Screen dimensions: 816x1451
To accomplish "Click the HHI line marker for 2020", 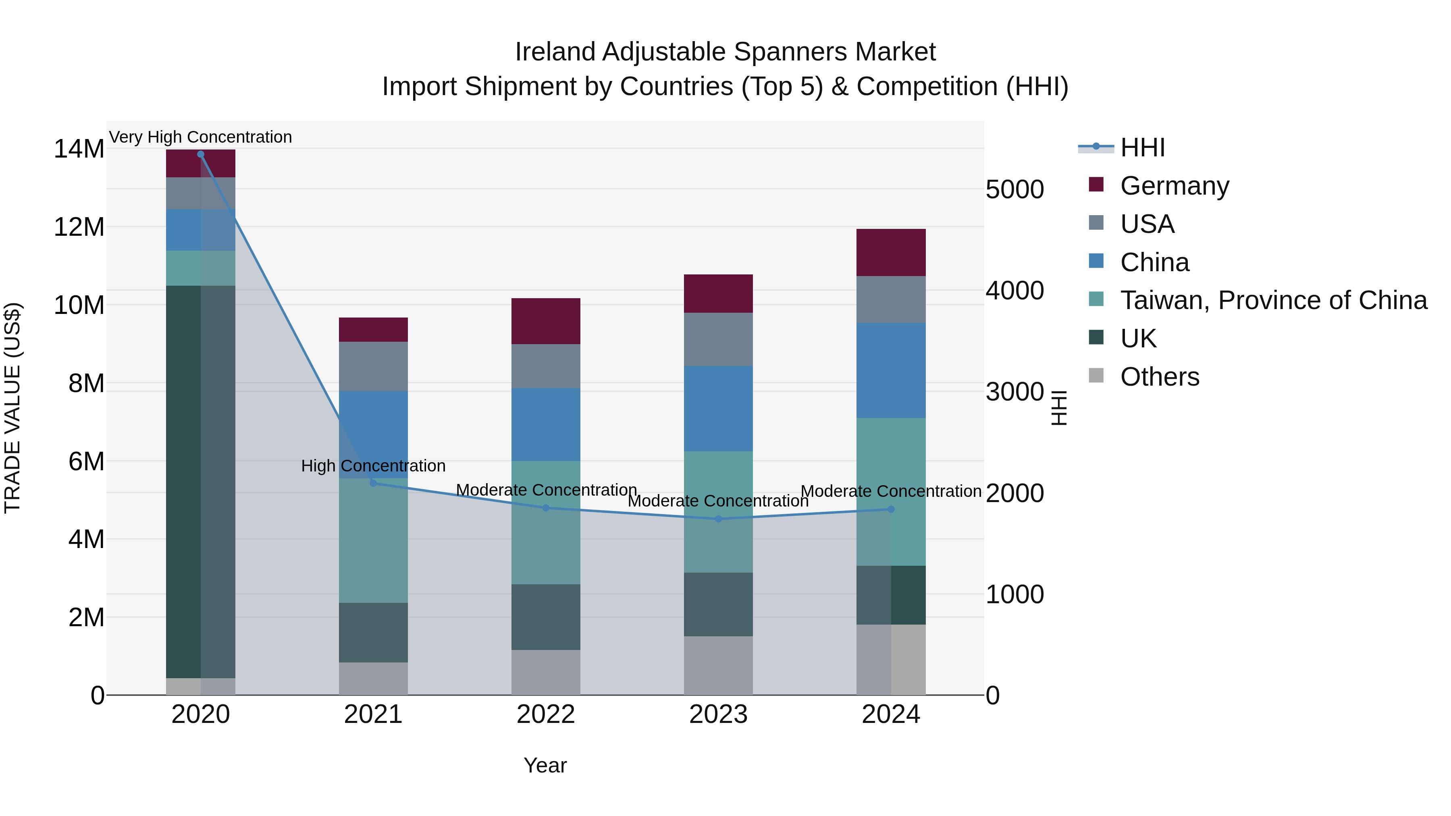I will click(x=201, y=154).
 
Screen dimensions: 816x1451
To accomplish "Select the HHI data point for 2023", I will click(x=718, y=519).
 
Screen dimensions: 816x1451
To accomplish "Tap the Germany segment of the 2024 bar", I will click(x=890, y=252).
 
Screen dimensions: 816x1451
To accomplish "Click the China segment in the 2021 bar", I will click(x=373, y=434).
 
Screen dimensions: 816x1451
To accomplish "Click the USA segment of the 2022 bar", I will click(x=545, y=366).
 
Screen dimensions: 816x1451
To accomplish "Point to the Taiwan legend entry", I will click(x=1273, y=300).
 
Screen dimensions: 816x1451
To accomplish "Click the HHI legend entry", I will click(x=1142, y=147).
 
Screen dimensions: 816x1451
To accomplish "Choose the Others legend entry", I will click(x=1159, y=377).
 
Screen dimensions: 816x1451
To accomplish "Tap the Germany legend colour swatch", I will click(x=1096, y=185).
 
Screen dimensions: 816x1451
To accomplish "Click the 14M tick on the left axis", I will click(x=79, y=149).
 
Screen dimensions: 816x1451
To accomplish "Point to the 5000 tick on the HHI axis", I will click(x=1014, y=189).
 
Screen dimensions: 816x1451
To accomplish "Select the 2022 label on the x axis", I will click(x=545, y=714).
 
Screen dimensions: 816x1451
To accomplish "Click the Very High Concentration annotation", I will click(x=201, y=137).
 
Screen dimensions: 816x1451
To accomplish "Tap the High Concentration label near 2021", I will click(x=373, y=466).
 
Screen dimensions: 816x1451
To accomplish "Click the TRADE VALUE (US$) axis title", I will click(x=12, y=408).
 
